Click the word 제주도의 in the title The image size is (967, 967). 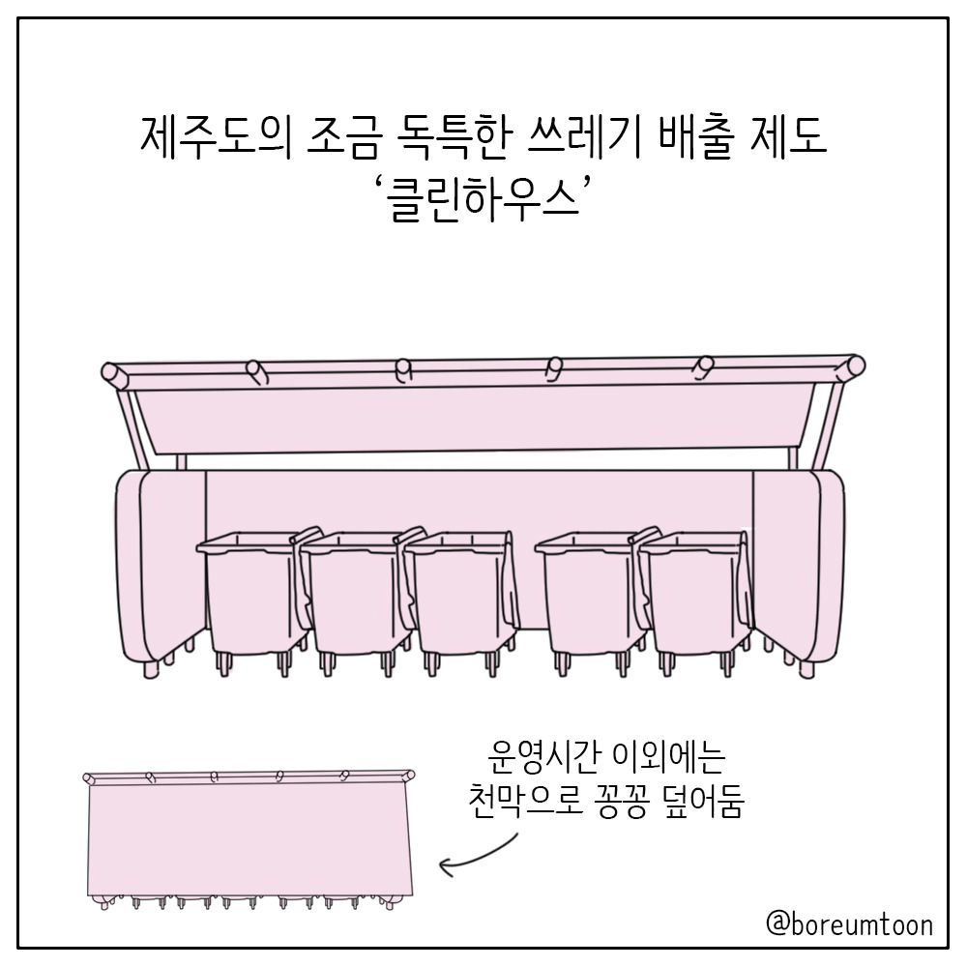tap(216, 137)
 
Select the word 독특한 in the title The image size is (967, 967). tap(452, 137)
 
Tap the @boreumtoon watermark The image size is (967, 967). tap(849, 925)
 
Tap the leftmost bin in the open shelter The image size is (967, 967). tap(252, 601)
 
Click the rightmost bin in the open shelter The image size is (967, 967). tap(695, 601)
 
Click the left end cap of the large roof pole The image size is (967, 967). tap(111, 373)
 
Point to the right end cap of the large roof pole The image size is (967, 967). tap(855, 366)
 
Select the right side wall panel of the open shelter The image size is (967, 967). tap(798, 568)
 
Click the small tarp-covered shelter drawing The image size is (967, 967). tap(249, 838)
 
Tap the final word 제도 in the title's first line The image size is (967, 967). tap(789, 137)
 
